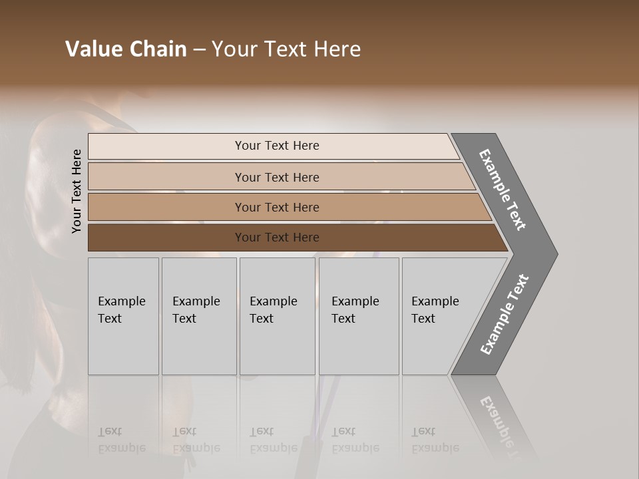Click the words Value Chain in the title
pyautogui.click(x=126, y=49)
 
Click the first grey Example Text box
pyautogui.click(x=123, y=346)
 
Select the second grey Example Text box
pyautogui.click(x=199, y=346)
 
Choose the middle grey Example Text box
pyautogui.click(x=277, y=346)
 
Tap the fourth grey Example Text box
pyautogui.click(x=359, y=346)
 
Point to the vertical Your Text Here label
pyautogui.click(x=77, y=191)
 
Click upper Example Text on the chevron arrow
pyautogui.click(x=503, y=190)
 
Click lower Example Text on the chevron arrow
pyautogui.click(x=504, y=315)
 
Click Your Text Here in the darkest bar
pyautogui.click(x=277, y=238)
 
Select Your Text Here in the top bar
pyautogui.click(x=277, y=146)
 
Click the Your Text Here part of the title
pyautogui.click(x=286, y=49)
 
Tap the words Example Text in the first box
pyautogui.click(x=121, y=309)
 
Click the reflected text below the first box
pyautogui.click(x=121, y=440)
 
